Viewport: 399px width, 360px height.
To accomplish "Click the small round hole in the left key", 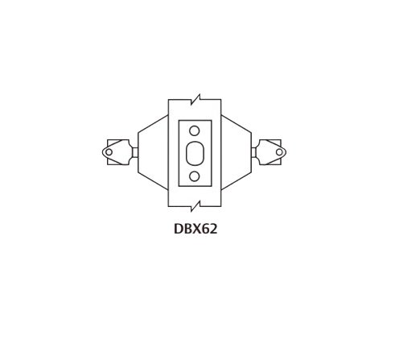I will (x=109, y=152).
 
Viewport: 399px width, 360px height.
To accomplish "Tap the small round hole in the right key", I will (x=279, y=152).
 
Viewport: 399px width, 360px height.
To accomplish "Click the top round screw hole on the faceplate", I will (x=194, y=130).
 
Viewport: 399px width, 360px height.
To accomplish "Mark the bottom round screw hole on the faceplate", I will (x=194, y=175).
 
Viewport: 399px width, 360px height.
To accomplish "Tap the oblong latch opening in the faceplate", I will (x=194, y=152).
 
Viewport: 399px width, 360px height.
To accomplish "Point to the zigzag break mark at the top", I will (x=194, y=101).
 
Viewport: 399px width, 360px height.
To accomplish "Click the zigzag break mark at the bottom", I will (x=194, y=204).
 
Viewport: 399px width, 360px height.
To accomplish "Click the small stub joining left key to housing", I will (x=135, y=152).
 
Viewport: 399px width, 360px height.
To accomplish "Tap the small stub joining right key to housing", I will (x=253, y=152).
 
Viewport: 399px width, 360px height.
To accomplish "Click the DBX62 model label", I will (x=195, y=229).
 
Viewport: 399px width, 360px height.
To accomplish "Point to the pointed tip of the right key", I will (x=286, y=152).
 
